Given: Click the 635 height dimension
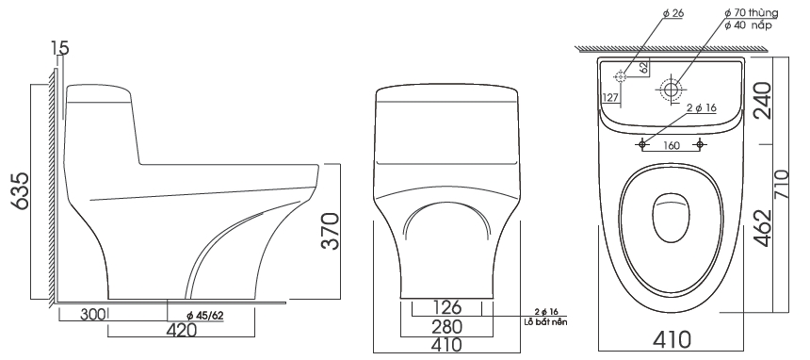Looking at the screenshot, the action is [x=20, y=191].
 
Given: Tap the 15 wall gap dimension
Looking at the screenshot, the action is [x=60, y=48].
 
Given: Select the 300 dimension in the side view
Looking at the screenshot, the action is [x=92, y=314].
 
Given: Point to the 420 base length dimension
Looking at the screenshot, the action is [x=182, y=330].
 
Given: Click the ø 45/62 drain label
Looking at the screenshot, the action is [x=205, y=315].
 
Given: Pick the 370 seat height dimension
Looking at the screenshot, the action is [x=330, y=231].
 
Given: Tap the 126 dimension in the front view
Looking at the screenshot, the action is [x=446, y=307].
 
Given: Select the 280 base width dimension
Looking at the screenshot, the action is [x=447, y=326].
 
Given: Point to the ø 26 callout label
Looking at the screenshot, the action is [x=673, y=13].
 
